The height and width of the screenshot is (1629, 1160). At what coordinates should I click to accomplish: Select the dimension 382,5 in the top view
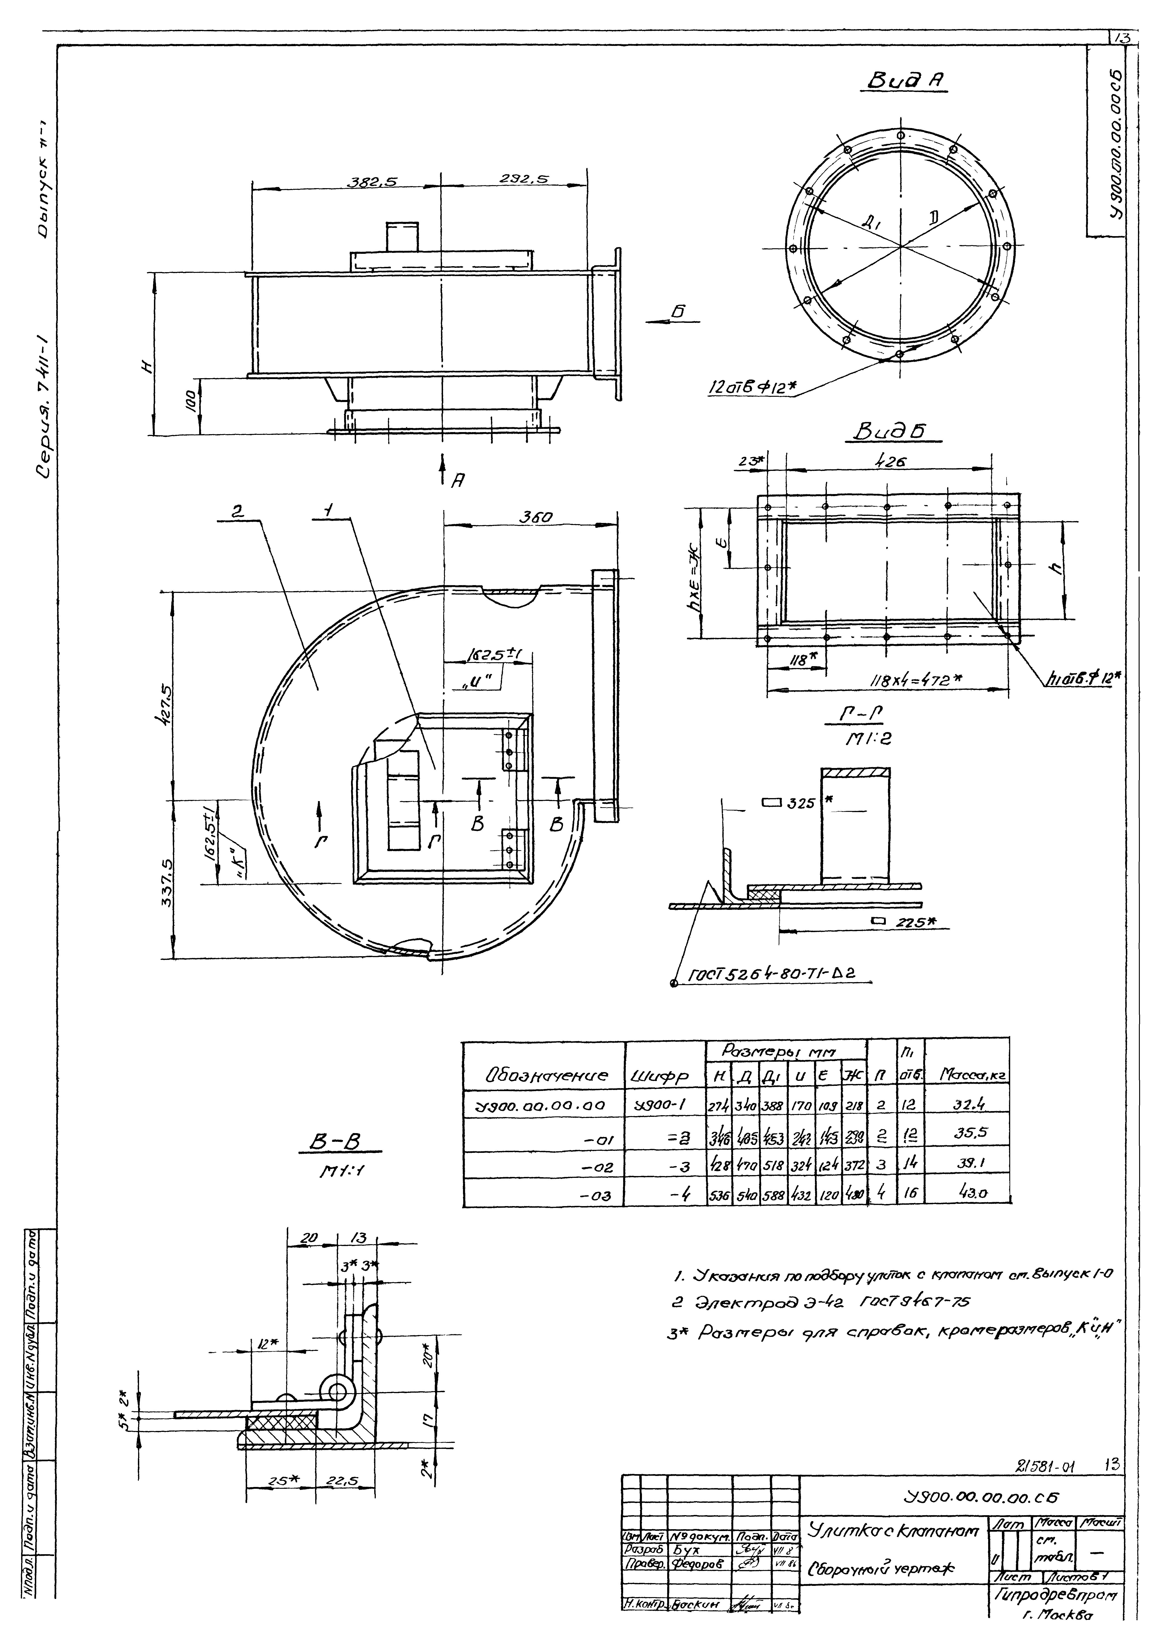pyautogui.click(x=371, y=182)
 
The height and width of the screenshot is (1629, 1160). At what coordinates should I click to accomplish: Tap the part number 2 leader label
pyautogui.click(x=238, y=511)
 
